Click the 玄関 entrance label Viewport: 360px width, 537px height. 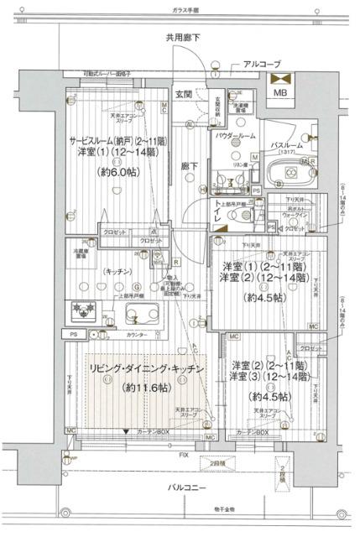(x=185, y=93)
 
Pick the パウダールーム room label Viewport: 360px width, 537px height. (x=235, y=135)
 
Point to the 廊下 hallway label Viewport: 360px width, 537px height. (x=185, y=168)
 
